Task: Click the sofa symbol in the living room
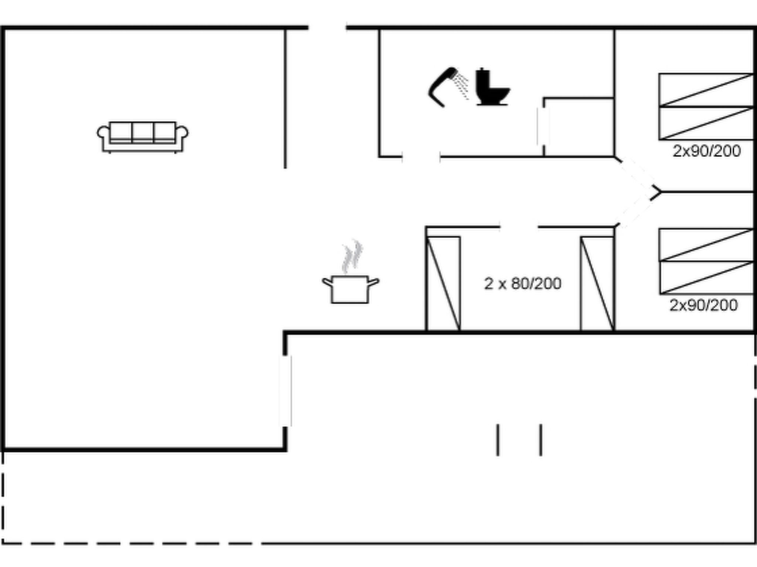pyautogui.click(x=142, y=137)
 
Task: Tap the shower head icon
pyautogui.click(x=448, y=87)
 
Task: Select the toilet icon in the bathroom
pyautogui.click(x=492, y=87)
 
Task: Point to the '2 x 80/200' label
pyautogui.click(x=523, y=283)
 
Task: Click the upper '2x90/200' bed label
pyautogui.click(x=706, y=151)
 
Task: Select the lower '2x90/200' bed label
pyautogui.click(x=703, y=305)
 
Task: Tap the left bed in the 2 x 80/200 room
pyautogui.click(x=443, y=283)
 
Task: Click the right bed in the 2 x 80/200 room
pyautogui.click(x=597, y=283)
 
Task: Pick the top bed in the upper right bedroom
pyautogui.click(x=706, y=90)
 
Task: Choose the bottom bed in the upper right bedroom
pyautogui.click(x=706, y=123)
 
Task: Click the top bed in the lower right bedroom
pyautogui.click(x=706, y=245)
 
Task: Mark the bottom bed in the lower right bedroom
pyautogui.click(x=706, y=278)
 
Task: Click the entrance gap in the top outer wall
pyautogui.click(x=327, y=27)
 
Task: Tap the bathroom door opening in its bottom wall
pyautogui.click(x=421, y=157)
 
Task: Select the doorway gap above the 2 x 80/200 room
pyautogui.click(x=519, y=227)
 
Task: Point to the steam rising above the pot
pyautogui.click(x=352, y=256)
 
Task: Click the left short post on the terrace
pyautogui.click(x=498, y=440)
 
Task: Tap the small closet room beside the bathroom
pyautogui.click(x=579, y=127)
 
